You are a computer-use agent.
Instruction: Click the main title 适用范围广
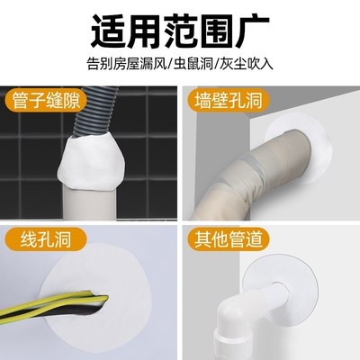point(180,30)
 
